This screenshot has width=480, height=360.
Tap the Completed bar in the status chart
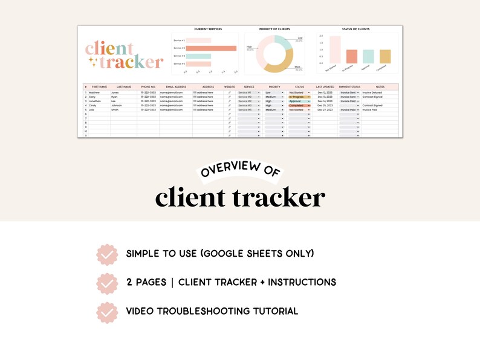pyautogui.click(x=385, y=56)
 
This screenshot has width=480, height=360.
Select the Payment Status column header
pyautogui.click(x=349, y=87)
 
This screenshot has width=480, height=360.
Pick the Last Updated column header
pyautogui.click(x=325, y=87)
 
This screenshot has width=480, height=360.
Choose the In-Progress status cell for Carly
pyautogui.click(x=299, y=97)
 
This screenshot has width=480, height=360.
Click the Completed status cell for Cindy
pyautogui.click(x=299, y=105)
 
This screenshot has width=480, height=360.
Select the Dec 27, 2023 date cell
pyautogui.click(x=325, y=110)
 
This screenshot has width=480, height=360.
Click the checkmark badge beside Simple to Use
pyautogui.click(x=107, y=254)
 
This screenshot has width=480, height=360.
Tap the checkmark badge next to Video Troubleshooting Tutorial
pyautogui.click(x=107, y=312)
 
